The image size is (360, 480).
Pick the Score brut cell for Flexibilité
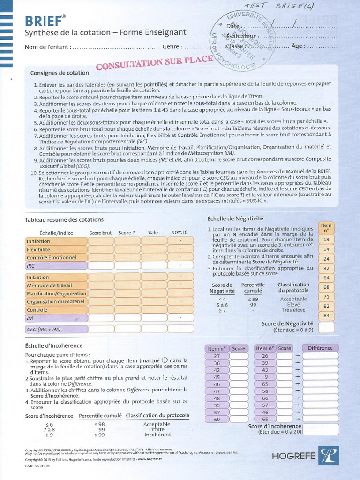click(101, 249)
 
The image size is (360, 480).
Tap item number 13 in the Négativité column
click(326, 239)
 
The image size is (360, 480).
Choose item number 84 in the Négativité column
click(326, 315)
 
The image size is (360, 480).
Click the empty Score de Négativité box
click(326, 327)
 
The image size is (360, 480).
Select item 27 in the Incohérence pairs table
click(217, 356)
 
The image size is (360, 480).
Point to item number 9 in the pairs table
click(265, 377)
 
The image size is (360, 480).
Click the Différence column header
click(321, 348)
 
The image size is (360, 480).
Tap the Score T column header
click(127, 232)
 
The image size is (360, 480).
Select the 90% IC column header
click(180, 232)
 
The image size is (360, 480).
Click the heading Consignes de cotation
click(60, 73)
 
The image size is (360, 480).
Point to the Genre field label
click(172, 47)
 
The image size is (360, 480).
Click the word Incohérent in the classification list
click(157, 435)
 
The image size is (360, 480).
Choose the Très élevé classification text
click(293, 310)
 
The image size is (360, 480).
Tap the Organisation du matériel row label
click(56, 301)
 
